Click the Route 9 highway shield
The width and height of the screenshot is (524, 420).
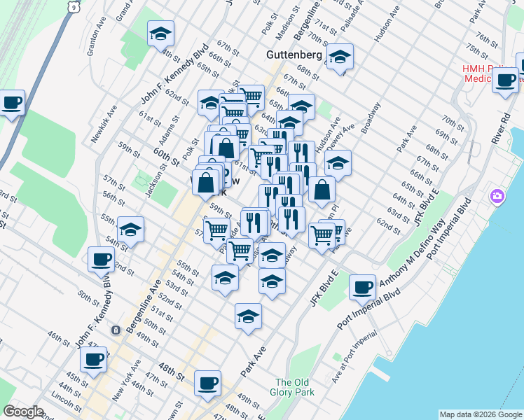coord(74,6)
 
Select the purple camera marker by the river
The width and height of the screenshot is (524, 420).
coord(498,195)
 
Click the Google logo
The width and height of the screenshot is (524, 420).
coord(23,412)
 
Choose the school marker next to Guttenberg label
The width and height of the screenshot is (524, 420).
coord(340,57)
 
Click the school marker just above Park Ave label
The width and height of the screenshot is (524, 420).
coord(248,316)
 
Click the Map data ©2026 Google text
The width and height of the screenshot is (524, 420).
coord(480,414)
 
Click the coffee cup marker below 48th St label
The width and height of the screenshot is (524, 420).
coord(207,384)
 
